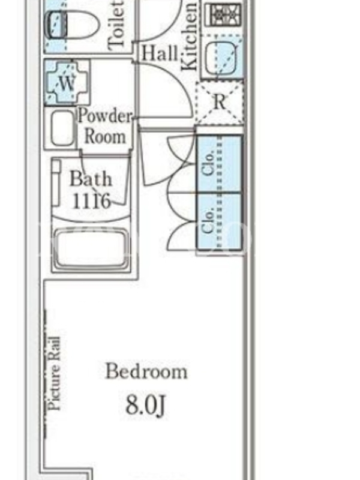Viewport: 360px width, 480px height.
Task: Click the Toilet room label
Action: pos(116,25)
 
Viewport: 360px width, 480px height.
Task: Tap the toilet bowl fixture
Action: pos(72,25)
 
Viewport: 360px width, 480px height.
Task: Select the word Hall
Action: pos(159,53)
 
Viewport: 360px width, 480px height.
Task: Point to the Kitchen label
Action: pos(189,37)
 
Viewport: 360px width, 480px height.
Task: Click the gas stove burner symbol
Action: pos(223,14)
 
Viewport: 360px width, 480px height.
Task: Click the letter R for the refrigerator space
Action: pos(219,102)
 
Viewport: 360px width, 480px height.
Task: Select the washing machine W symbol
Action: pos(67,83)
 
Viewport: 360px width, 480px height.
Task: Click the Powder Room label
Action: pos(105,126)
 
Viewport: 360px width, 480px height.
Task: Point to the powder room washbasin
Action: pos(62,128)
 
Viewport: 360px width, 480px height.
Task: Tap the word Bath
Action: pos(91,179)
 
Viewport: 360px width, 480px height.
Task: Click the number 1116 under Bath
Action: pos(91,201)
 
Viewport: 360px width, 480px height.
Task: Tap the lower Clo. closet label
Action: pos(208,221)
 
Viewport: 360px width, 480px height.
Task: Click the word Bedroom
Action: pos(146,371)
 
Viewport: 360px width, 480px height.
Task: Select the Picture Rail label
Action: pos(55,373)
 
